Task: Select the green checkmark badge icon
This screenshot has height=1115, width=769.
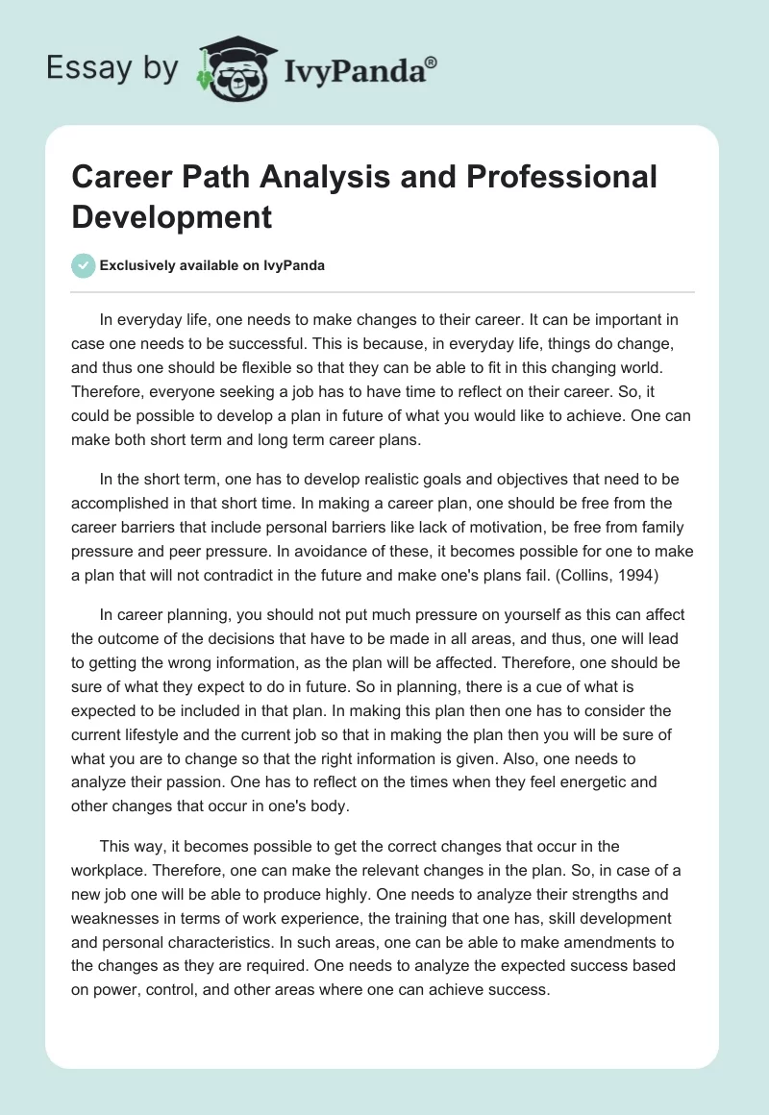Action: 84,265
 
